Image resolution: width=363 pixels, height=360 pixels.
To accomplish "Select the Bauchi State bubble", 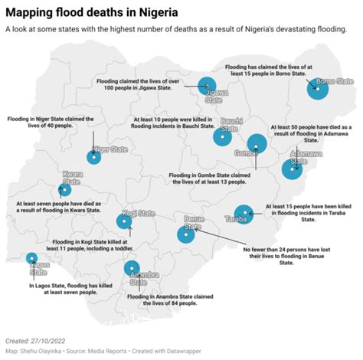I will [x=223, y=137].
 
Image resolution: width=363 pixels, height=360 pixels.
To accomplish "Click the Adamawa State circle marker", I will [x=292, y=168].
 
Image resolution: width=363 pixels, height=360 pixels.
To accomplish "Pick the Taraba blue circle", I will [x=244, y=214].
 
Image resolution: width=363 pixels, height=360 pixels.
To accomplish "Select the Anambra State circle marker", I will [x=132, y=268].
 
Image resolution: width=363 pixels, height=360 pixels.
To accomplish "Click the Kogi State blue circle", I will [x=123, y=221].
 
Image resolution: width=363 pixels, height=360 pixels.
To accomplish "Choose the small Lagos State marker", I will [x=31, y=258].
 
